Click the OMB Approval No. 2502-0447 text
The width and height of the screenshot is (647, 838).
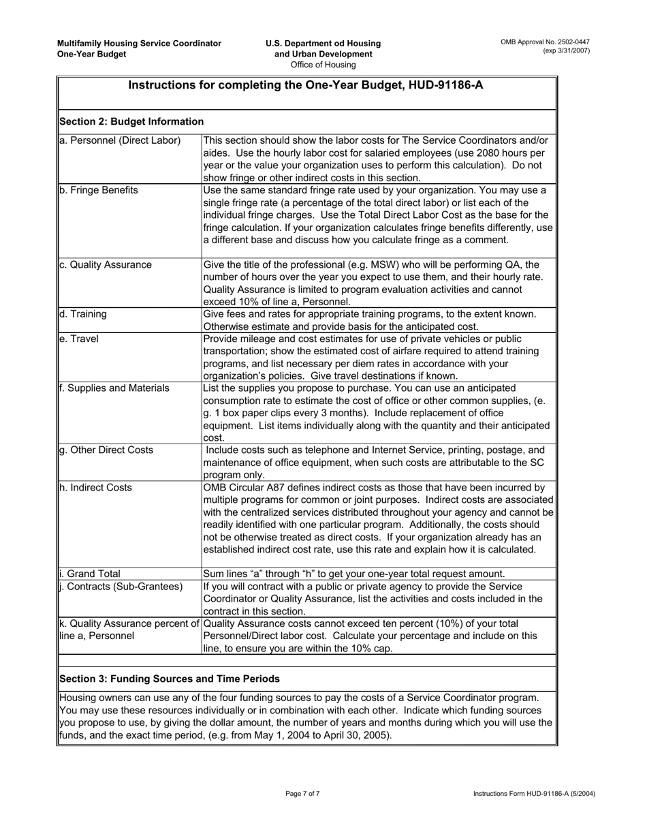pyautogui.click(x=545, y=42)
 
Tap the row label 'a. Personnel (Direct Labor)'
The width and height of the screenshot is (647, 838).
pyautogui.click(x=120, y=140)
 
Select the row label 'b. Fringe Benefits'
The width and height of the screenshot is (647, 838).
pyautogui.click(x=99, y=190)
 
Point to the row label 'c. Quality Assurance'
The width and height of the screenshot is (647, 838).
pyautogui.click(x=106, y=264)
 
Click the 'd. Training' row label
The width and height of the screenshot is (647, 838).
pyautogui.click(x=83, y=314)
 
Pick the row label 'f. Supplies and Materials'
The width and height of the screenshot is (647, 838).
pyautogui.click(x=114, y=388)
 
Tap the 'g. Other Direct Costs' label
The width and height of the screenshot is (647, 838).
pyautogui.click(x=106, y=450)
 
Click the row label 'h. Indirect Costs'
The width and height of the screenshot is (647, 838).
pyautogui.click(x=96, y=487)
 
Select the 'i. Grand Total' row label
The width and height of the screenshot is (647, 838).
pyautogui.click(x=90, y=574)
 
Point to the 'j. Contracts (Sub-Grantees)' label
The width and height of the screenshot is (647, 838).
pyautogui.click(x=121, y=587)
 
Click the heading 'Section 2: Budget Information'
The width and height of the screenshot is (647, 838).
pyautogui.click(x=131, y=121)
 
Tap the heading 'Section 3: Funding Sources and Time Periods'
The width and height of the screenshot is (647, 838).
pyautogui.click(x=170, y=679)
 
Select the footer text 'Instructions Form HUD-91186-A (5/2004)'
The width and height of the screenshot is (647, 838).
pyautogui.click(x=532, y=794)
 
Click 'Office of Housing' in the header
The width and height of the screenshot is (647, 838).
pyautogui.click(x=323, y=65)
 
